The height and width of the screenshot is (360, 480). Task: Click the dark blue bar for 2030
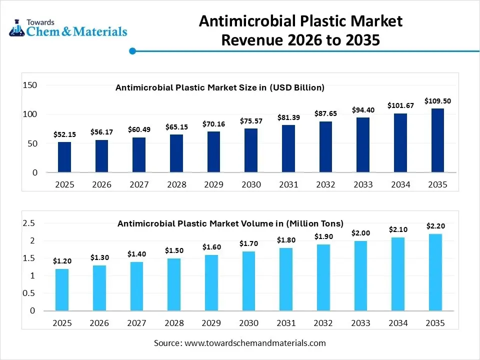251,150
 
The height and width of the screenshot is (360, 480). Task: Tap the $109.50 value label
437,101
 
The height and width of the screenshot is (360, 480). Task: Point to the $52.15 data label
65,134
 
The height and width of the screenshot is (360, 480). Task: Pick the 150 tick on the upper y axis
30,85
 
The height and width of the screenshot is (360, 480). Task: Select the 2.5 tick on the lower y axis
29,223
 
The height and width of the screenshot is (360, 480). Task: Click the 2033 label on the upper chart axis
363,184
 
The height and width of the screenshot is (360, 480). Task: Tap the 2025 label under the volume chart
62,323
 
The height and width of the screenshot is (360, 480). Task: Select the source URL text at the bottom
239,343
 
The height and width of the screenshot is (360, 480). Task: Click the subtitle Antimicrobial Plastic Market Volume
230,223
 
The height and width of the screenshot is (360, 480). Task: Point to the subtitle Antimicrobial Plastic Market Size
220,87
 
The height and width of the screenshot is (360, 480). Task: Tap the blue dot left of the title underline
132,51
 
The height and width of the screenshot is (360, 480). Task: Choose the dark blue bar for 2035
437,140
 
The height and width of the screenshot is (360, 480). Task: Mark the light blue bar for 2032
323,277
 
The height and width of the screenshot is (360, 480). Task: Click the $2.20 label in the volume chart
435,226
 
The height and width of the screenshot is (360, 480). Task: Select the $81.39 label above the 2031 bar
288,117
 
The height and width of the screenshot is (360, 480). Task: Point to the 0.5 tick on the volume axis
29,293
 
